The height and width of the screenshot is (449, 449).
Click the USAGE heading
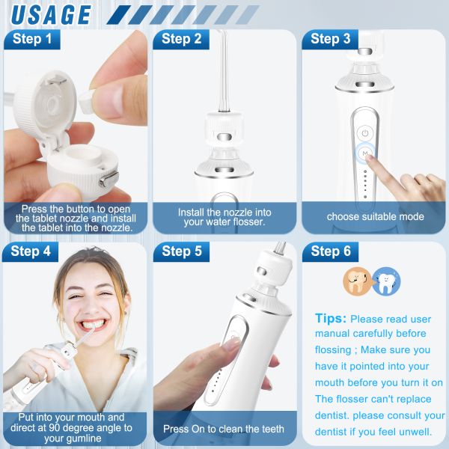51,15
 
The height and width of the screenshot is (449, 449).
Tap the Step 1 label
32,39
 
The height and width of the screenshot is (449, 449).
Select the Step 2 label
181,39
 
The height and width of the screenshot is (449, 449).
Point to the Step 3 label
331,39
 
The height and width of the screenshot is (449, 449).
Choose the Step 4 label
31,251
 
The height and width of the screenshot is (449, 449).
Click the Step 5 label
182,251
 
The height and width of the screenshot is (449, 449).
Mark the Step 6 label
331,251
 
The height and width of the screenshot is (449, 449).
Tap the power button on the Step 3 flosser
365,133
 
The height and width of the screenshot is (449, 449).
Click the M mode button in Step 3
365,153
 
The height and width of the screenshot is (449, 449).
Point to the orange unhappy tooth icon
356,281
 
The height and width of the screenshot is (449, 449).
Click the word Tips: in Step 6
331,318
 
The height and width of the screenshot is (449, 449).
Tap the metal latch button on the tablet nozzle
109,180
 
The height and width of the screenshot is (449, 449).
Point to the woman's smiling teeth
93,325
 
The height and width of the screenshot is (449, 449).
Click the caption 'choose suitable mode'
376,217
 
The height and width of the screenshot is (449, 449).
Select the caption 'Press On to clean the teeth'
224,429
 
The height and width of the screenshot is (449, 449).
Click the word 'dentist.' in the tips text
332,415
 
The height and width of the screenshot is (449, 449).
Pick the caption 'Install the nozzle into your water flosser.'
224,217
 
